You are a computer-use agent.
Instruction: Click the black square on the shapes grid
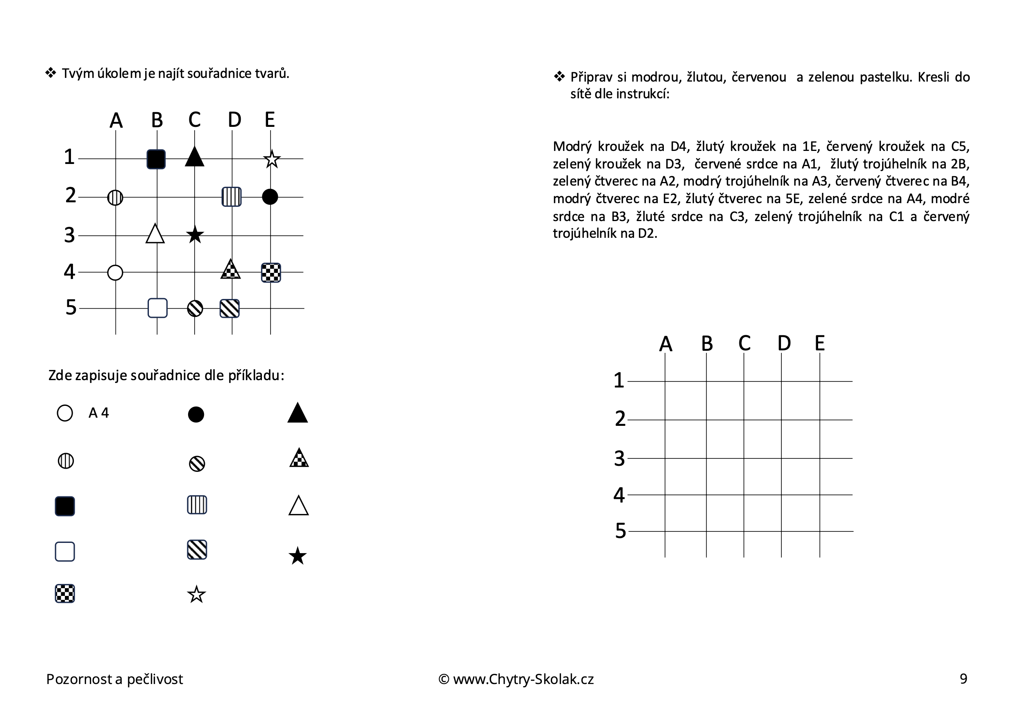[x=156, y=159]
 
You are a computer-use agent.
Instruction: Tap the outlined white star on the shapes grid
[x=272, y=159]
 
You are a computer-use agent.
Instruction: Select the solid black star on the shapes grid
[x=195, y=235]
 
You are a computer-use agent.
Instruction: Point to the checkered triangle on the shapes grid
[x=230, y=270]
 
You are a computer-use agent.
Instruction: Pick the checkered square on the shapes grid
[x=271, y=272]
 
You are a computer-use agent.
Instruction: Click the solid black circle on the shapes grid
[x=270, y=197]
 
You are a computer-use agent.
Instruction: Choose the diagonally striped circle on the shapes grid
[x=195, y=308]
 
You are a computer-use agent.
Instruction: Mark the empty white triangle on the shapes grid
[x=155, y=234]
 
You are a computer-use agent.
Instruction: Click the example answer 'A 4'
[x=98, y=413]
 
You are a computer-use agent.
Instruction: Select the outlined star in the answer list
[x=197, y=595]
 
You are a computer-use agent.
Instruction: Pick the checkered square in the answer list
[x=65, y=594]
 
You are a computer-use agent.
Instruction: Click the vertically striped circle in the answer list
[x=66, y=461]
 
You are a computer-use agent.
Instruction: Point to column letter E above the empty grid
[x=819, y=343]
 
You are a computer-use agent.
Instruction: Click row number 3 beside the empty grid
[x=619, y=459]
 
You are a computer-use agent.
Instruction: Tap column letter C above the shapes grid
[x=195, y=120]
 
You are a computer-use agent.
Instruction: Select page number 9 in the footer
[x=963, y=678]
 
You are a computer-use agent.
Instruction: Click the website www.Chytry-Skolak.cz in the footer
[x=523, y=679]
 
